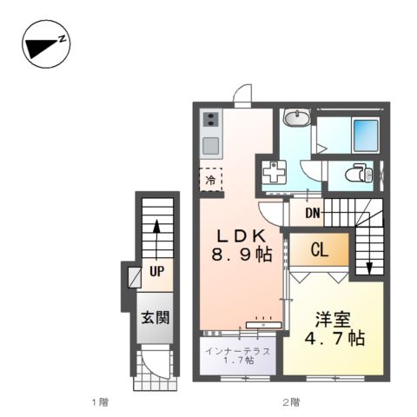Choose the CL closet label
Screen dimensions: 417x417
point(320,252)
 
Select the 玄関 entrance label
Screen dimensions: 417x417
point(156,317)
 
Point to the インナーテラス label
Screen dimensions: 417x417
point(237,351)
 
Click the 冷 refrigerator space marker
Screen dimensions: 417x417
point(210,180)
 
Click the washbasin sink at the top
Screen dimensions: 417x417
point(295,118)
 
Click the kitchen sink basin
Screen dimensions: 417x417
point(210,144)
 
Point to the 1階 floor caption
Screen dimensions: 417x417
point(99,401)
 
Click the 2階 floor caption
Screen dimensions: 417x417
point(289,401)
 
